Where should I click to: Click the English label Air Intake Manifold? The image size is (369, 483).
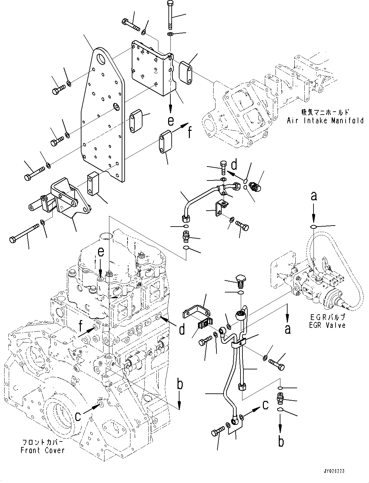[325, 121]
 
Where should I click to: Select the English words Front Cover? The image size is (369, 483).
[42, 450]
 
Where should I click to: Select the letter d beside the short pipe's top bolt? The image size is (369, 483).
[234, 165]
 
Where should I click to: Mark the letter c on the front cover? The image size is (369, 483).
[78, 416]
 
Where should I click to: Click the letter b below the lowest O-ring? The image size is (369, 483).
[281, 441]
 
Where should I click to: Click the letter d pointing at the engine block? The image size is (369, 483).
[182, 330]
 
